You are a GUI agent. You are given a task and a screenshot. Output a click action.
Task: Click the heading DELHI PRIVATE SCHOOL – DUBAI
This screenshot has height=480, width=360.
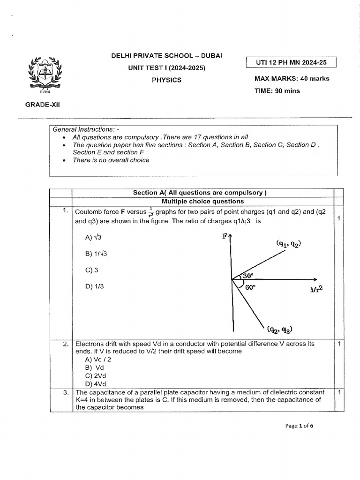166,56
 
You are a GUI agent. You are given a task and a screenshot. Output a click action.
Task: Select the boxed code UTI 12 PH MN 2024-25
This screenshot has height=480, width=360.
291,62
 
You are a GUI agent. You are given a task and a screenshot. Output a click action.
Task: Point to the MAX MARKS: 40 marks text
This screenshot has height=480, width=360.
292,79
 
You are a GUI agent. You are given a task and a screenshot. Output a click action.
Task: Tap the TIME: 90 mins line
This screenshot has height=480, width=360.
277,91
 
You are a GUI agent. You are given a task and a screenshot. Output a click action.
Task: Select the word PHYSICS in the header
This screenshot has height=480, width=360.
166,80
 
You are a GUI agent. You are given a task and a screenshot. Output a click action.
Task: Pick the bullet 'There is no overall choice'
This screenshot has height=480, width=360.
111,160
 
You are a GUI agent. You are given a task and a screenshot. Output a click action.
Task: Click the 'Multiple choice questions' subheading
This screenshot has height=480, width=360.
202,201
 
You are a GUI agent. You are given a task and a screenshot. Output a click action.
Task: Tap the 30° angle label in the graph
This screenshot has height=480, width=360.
248,277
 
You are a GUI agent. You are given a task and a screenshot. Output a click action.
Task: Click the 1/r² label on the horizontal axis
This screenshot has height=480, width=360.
316,290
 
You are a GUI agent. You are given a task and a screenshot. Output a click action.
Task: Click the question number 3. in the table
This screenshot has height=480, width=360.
66,392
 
